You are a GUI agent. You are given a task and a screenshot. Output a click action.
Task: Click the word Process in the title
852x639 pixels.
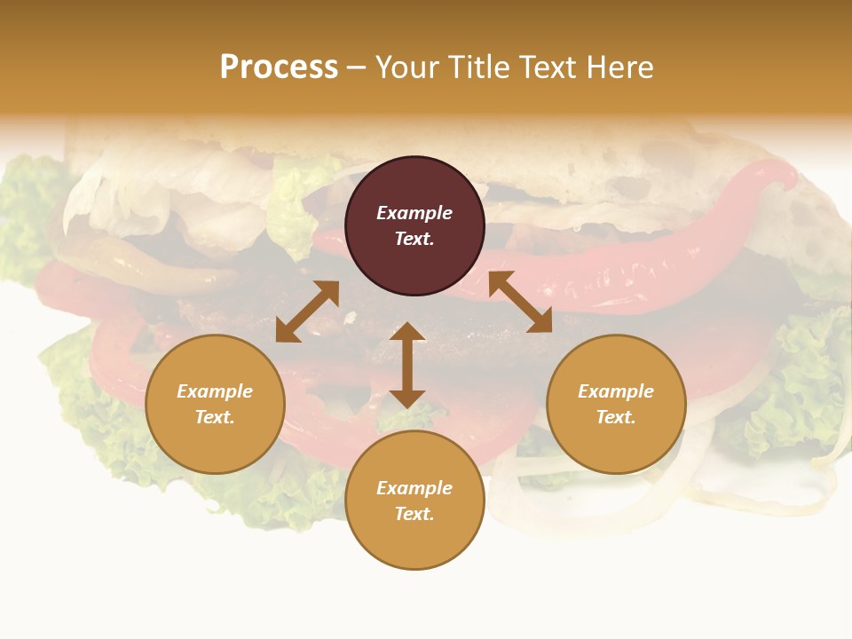[279, 67]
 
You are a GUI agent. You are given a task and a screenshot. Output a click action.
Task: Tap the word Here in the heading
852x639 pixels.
[619, 67]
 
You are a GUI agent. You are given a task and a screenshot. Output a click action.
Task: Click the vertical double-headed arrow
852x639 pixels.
[407, 365]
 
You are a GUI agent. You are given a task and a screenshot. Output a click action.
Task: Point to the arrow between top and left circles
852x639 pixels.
[307, 312]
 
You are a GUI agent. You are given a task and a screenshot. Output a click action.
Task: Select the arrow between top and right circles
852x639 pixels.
[520, 302]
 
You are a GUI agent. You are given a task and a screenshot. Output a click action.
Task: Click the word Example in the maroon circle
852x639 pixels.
[414, 213]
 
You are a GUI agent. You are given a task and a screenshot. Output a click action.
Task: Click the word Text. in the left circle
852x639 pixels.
[215, 417]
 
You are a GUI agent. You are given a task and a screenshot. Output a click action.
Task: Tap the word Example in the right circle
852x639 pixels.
[616, 391]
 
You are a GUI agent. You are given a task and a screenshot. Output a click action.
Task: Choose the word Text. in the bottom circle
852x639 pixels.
[414, 514]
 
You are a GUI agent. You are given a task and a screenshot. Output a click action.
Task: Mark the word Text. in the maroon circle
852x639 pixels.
[414, 239]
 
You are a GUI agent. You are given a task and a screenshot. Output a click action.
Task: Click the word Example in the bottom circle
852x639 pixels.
[414, 488]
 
